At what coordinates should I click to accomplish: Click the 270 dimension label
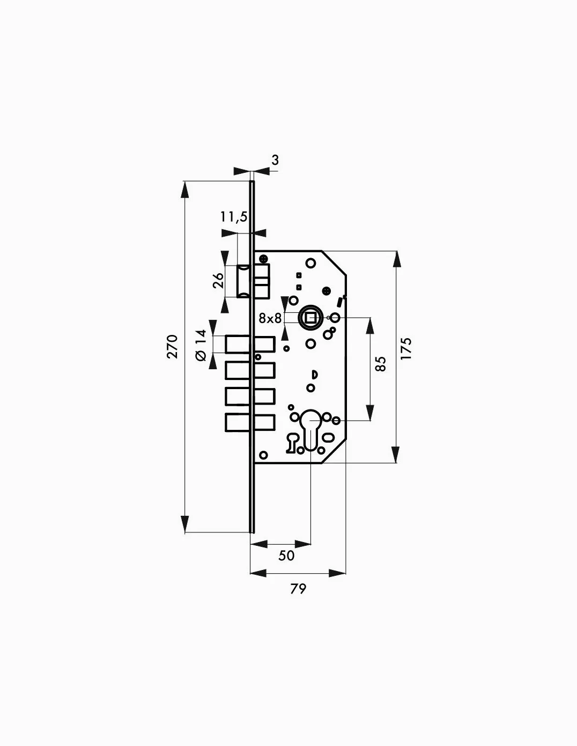172,346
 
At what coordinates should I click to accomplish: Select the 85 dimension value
380,364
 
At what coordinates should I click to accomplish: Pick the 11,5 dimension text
234,217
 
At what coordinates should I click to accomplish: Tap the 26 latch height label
218,280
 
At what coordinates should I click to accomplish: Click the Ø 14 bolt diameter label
201,345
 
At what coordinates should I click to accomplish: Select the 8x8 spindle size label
270,319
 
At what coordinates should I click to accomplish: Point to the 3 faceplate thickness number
275,160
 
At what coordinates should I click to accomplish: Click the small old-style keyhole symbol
292,443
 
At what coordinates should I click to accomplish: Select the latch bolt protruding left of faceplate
246,281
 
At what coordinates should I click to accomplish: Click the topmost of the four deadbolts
250,345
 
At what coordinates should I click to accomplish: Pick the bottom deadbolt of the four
250,422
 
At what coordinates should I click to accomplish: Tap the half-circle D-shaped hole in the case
315,374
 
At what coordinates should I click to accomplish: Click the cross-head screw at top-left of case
263,258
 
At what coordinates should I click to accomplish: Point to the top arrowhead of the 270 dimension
185,189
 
